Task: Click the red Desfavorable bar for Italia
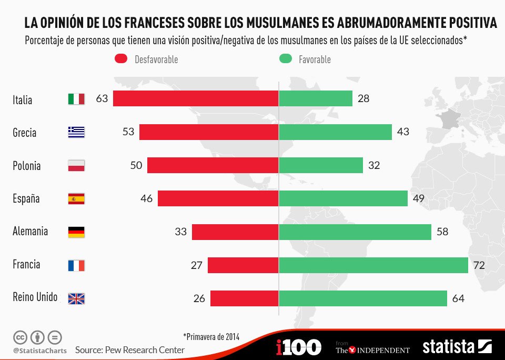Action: coord(196,98)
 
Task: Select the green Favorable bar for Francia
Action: coord(373,265)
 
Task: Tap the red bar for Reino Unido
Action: coord(244,298)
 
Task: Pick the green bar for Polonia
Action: coord(321,165)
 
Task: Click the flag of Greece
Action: coord(76,132)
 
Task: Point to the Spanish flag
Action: coord(76,199)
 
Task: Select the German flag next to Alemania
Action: coord(76,232)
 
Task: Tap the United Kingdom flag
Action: coord(76,298)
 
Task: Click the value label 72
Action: coord(479,265)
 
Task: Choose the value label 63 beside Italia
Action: coord(102,98)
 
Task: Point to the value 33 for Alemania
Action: coord(180,232)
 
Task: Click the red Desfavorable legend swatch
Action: coord(121,59)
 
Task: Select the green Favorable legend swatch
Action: coord(285,59)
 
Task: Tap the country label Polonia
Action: coord(26,166)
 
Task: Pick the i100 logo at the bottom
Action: coord(298,347)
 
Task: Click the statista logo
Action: coord(457,347)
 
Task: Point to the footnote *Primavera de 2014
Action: coord(211,336)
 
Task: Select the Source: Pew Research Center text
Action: coord(130,350)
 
